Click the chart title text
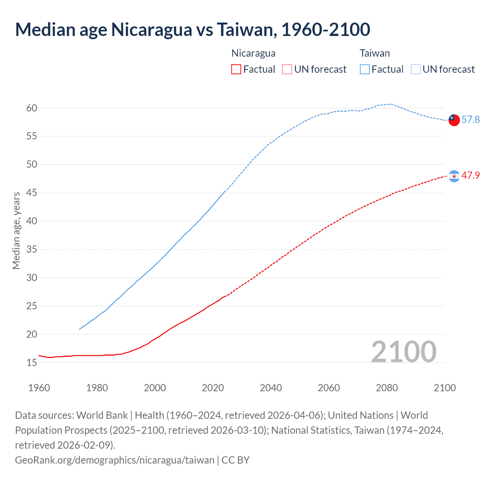(193, 30)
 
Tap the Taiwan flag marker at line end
(454, 120)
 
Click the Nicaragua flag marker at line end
(454, 176)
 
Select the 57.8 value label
(470, 120)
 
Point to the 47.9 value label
(470, 176)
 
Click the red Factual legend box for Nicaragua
(236, 69)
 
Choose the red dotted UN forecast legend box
(287, 69)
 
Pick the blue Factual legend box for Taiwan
(365, 69)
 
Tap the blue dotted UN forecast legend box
(416, 69)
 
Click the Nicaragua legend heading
(253, 53)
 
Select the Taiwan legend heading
(375, 53)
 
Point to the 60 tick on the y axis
(32, 108)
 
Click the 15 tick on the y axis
(32, 363)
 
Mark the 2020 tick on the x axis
(213, 388)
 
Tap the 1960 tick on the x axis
(39, 388)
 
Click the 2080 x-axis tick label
(387, 388)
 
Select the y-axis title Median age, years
(16, 231)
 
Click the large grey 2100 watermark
(404, 351)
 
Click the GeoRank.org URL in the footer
(114, 460)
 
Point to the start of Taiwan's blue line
(80, 329)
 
